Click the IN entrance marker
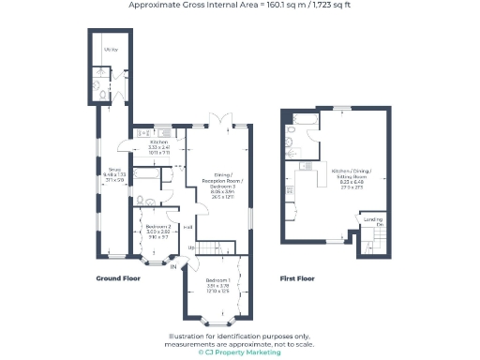tap(173, 267)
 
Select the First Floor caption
tap(296, 278)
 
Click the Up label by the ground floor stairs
tap(192, 247)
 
